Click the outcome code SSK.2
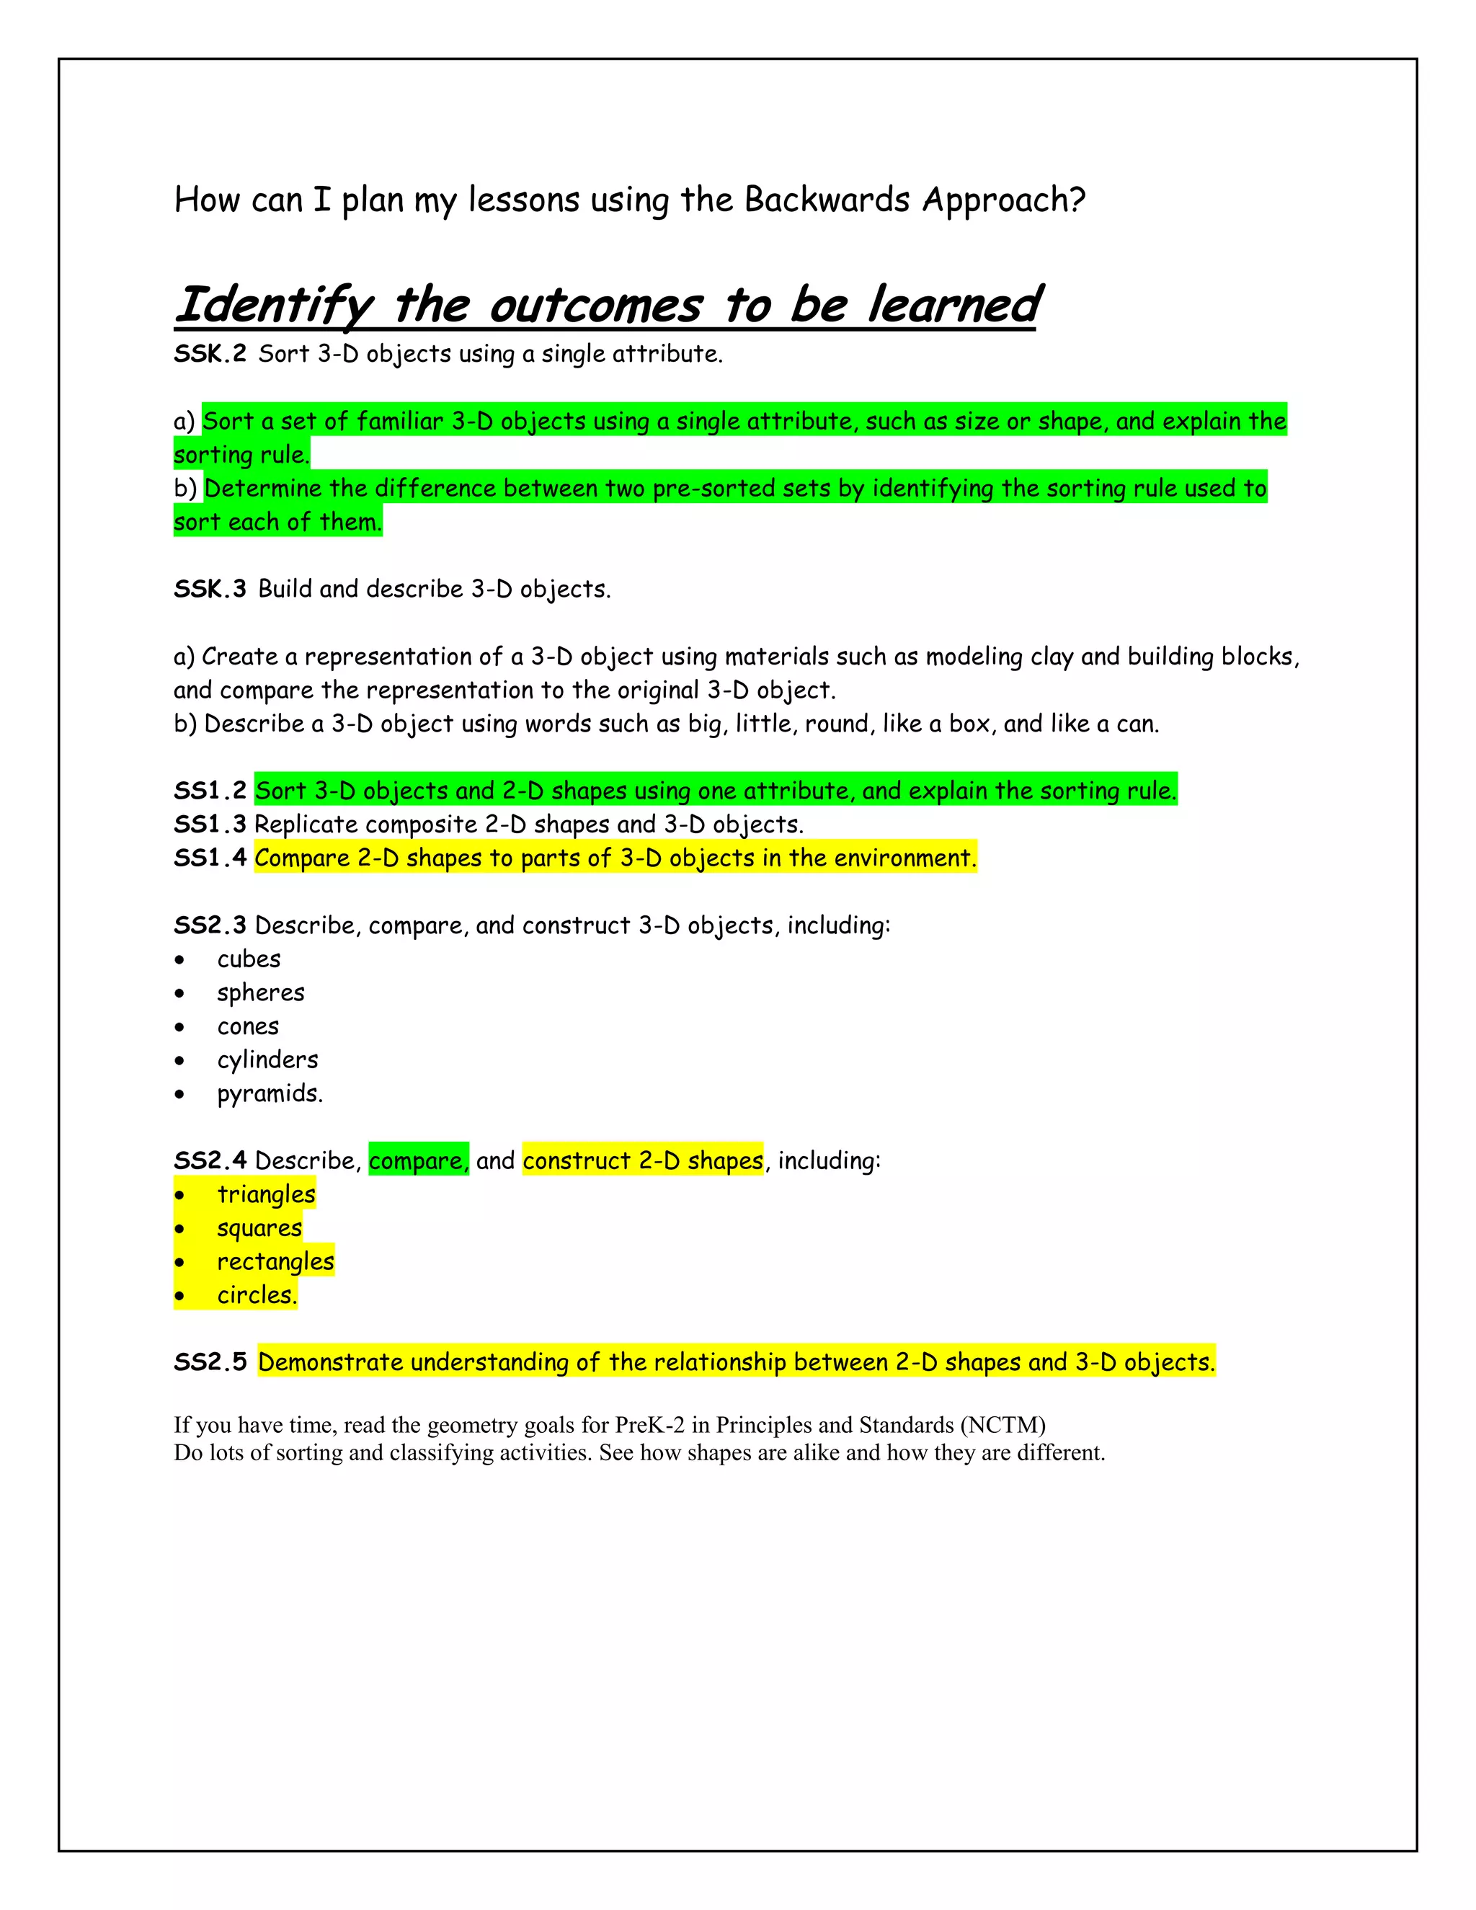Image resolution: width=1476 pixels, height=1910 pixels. pos(210,354)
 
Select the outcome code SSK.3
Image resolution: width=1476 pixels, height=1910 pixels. pos(210,590)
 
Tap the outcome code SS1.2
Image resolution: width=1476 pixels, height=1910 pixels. pos(210,791)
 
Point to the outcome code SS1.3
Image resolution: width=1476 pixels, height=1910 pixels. pos(210,825)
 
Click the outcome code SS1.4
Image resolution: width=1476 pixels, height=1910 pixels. pos(210,858)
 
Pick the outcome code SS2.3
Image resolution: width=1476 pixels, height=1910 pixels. pos(210,925)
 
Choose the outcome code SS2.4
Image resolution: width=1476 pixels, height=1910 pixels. pos(210,1160)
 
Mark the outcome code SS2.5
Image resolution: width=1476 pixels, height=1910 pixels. pos(210,1362)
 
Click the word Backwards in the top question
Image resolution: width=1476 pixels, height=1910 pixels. pos(827,200)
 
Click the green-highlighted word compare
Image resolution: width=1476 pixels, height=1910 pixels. pos(418,1160)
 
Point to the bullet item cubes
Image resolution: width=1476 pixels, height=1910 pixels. pos(249,959)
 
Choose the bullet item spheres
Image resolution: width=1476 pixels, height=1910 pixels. pos(261,992)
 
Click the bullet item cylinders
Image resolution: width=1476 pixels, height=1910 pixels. pos(267,1060)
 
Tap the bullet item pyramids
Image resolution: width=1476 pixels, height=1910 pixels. pos(270,1093)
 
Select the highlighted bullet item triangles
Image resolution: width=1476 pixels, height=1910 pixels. pos(266,1194)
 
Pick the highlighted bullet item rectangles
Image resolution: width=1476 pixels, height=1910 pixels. pos(275,1262)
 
